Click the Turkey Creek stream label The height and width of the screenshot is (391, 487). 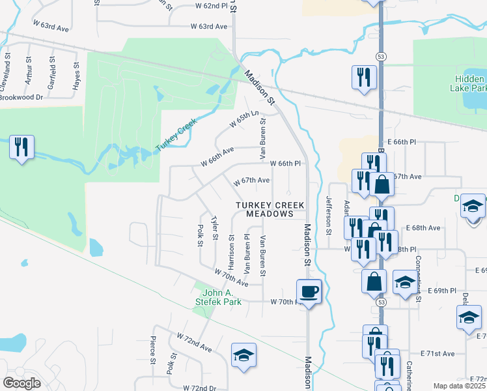pos(176,136)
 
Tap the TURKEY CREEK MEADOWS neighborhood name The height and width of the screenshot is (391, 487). pos(270,209)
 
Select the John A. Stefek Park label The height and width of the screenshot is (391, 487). pos(219,297)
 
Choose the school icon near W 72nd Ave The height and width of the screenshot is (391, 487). pos(244,355)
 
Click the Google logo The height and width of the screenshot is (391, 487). pos(21,383)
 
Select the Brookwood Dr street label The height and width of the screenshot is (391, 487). pos(21,97)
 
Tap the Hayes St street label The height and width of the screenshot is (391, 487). pos(76,76)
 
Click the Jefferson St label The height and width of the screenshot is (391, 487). pos(329,216)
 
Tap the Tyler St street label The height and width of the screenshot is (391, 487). pos(214,229)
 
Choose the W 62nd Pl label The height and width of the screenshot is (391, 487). pos(211,5)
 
